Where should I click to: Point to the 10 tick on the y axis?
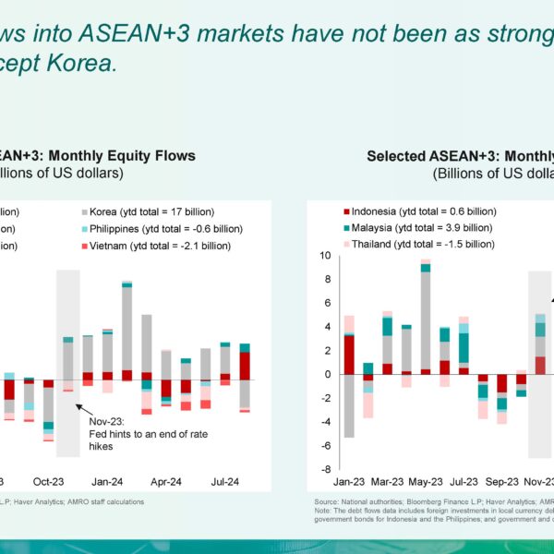[326, 256]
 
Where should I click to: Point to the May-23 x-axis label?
[426, 482]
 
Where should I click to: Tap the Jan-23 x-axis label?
[349, 482]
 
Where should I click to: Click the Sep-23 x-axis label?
[502, 482]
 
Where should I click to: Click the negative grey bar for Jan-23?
[349, 405]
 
